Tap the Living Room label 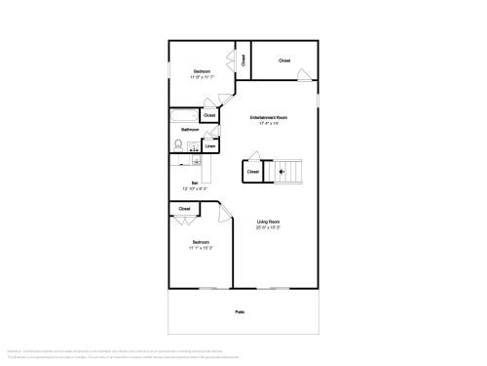[270, 222]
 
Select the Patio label [239, 312]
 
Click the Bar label [194, 182]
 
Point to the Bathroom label [190, 130]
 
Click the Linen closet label [210, 147]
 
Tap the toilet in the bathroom [178, 145]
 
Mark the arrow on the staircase [282, 172]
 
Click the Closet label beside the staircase [252, 172]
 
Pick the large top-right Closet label [284, 61]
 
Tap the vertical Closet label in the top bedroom [243, 61]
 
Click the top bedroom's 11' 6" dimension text [202, 77]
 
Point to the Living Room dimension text [270, 227]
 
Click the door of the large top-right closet [307, 74]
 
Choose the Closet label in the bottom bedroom [184, 208]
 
